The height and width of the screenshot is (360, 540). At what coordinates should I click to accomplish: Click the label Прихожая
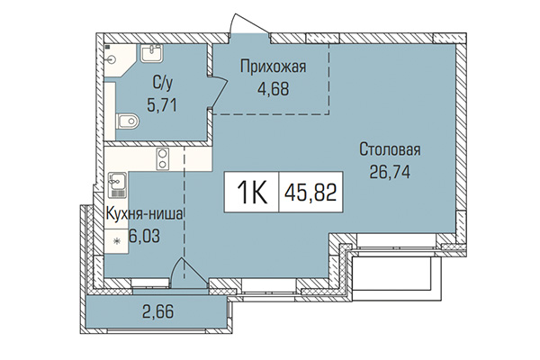pyautogui.click(x=266, y=65)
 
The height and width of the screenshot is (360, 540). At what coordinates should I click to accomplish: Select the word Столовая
pyautogui.click(x=390, y=149)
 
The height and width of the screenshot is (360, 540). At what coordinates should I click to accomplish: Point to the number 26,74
pyautogui.click(x=390, y=172)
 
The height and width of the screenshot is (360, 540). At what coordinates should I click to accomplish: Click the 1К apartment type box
pyautogui.click(x=252, y=192)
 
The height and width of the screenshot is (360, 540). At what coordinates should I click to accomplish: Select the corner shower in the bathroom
pyautogui.click(x=111, y=52)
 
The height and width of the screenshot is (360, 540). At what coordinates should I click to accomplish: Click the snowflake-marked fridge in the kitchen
pyautogui.click(x=116, y=241)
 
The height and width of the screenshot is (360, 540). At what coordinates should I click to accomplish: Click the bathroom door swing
pyautogui.click(x=217, y=93)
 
